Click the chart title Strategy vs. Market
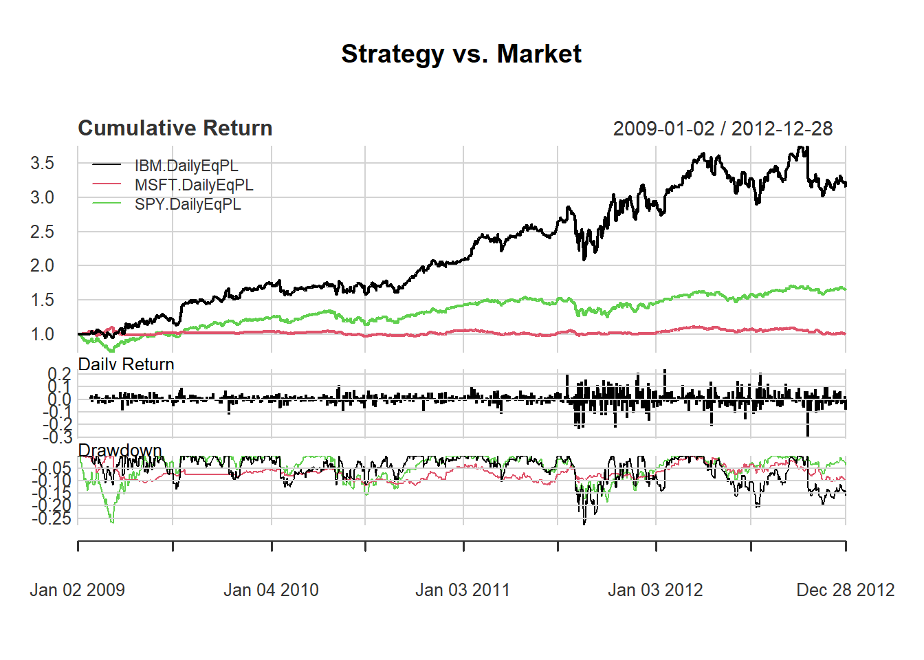461,54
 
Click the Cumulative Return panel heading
175,128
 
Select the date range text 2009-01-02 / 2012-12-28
723,129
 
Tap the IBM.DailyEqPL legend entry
186,166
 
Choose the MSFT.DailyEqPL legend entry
194,185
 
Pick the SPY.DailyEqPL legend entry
188,204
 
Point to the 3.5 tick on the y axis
42,163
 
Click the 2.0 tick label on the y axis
42,265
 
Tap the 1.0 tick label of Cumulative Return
42,334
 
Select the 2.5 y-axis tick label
42,232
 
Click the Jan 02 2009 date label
78,590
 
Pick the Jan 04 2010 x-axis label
271,590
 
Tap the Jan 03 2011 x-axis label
463,590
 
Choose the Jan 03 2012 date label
655,590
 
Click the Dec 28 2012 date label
845,590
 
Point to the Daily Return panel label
126,364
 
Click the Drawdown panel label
120,450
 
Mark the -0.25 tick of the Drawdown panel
51,518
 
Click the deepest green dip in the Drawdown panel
112,522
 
